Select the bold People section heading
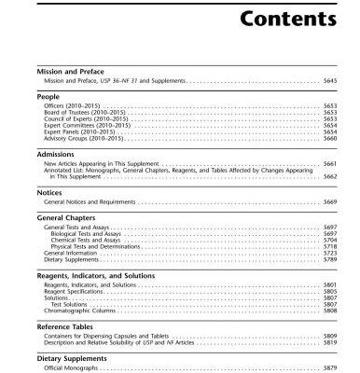[x=49, y=96]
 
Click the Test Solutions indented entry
[x=70, y=303]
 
